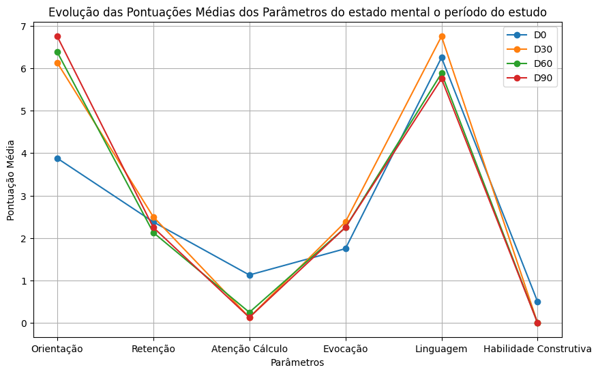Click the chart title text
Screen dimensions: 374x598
tap(297, 12)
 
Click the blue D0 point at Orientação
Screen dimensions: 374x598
tap(57, 158)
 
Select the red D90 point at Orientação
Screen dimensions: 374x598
tap(57, 36)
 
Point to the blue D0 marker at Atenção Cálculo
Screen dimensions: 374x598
tap(250, 275)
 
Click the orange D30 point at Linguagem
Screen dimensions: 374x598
tap(442, 36)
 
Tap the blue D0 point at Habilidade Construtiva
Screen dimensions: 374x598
tap(537, 302)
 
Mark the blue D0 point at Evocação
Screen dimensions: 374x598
tap(346, 248)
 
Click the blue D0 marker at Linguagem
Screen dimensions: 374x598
tap(442, 57)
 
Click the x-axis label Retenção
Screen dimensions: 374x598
tap(153, 349)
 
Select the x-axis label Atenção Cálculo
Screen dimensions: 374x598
tap(250, 349)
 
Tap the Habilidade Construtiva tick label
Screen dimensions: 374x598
tap(537, 349)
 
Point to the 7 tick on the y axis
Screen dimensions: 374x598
tap(23, 26)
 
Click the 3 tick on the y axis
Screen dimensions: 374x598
tap(23, 196)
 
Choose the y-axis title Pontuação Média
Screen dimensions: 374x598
tap(11, 180)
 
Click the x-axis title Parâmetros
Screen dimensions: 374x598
tap(297, 362)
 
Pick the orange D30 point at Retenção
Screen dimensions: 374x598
tap(153, 217)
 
